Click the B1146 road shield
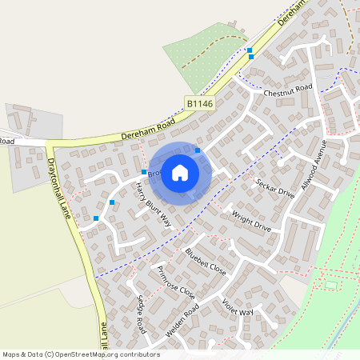[x=201, y=103]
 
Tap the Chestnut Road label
[x=287, y=90]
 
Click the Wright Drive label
[x=251, y=222]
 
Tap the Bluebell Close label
[x=206, y=262]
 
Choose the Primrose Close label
[x=176, y=281]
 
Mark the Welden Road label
[x=181, y=318]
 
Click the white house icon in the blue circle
[x=180, y=173]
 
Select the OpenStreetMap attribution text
[x=81, y=354]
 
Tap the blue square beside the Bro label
[x=144, y=172]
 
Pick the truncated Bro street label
[x=154, y=172]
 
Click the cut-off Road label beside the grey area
[x=7, y=142]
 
